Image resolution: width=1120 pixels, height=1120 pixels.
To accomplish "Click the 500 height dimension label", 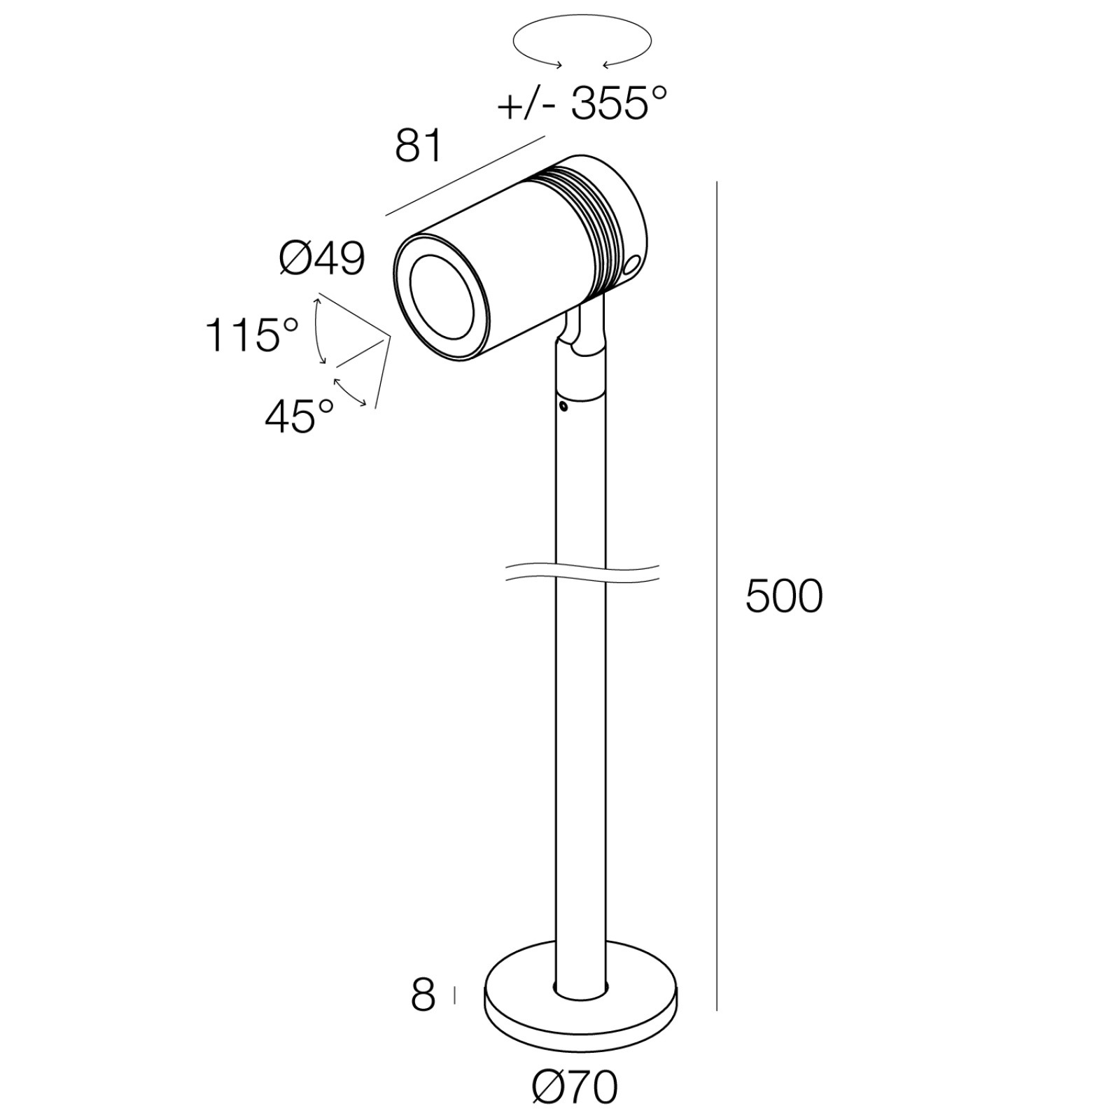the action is point(784,597).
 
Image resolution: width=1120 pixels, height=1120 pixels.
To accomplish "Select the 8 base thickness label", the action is point(423,995).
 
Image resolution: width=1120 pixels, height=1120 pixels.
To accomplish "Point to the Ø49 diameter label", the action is point(322,259).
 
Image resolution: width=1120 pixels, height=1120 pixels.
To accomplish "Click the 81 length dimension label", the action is point(419,146).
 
